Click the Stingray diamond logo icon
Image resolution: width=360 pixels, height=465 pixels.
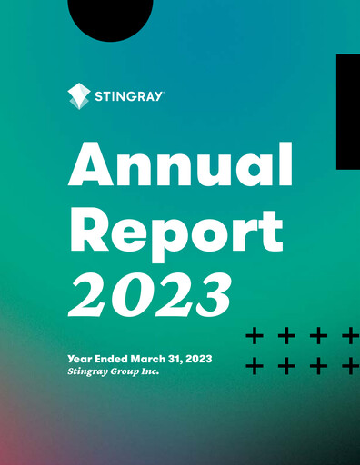point(80,95)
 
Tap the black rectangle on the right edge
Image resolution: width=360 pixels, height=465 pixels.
point(348,111)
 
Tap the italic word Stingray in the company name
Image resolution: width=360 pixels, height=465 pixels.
point(86,371)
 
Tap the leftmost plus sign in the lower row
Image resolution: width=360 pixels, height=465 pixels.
point(255,367)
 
